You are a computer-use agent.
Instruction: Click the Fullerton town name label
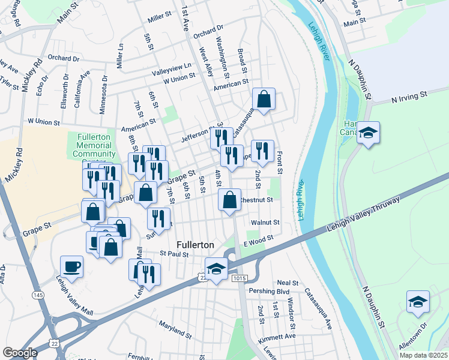(x=195, y=245)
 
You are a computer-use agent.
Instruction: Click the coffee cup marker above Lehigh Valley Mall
(x=72, y=266)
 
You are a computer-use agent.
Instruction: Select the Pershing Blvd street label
(x=270, y=291)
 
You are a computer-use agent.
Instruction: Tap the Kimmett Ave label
(x=277, y=336)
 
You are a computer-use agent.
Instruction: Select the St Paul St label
(x=174, y=254)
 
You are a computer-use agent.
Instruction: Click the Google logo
(x=20, y=353)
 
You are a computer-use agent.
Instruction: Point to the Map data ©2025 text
(x=423, y=355)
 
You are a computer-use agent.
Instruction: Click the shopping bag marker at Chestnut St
(x=229, y=199)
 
